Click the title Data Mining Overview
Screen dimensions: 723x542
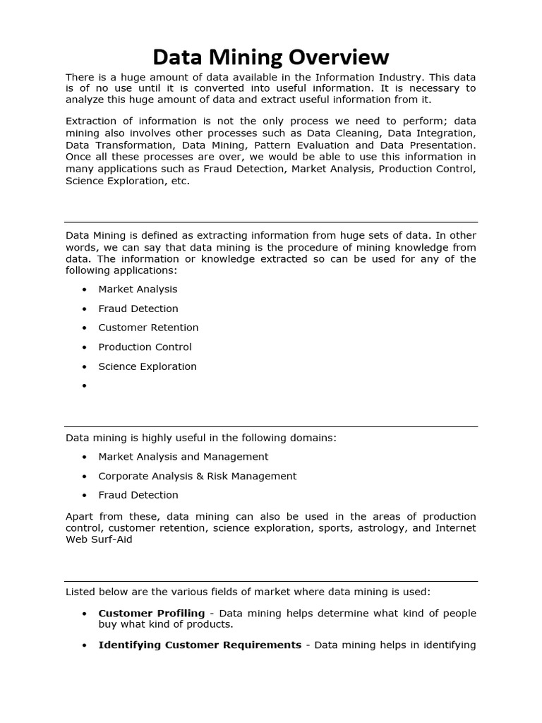point(271,56)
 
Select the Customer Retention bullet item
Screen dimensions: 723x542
point(148,328)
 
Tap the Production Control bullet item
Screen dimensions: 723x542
point(145,347)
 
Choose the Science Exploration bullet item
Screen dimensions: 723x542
point(147,366)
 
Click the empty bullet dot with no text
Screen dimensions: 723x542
point(84,386)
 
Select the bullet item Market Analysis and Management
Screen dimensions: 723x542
point(183,457)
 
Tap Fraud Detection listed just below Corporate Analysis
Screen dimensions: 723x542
point(138,495)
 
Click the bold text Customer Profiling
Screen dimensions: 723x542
point(151,613)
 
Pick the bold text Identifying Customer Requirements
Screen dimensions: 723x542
point(200,645)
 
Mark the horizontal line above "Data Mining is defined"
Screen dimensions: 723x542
point(271,222)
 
